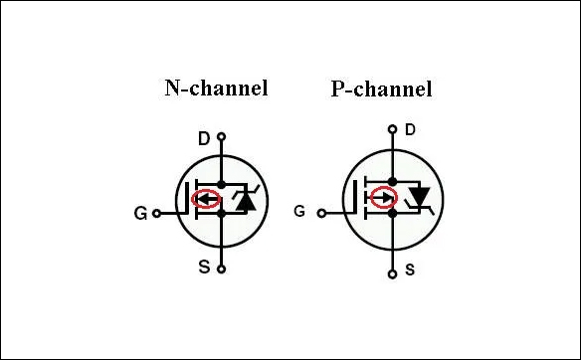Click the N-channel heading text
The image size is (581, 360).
(x=216, y=88)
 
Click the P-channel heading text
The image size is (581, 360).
(x=381, y=90)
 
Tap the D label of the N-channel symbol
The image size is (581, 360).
(x=203, y=138)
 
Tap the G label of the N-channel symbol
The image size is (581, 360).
(x=140, y=212)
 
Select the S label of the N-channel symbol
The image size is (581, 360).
(x=203, y=267)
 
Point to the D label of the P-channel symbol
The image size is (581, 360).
(x=409, y=129)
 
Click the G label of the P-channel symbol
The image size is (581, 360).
(x=299, y=211)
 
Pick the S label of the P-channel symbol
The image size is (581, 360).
(x=409, y=270)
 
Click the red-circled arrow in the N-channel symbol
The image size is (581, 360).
(x=206, y=199)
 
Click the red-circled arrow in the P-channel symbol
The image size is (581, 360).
(x=382, y=199)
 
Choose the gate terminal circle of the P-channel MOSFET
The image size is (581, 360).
(x=320, y=212)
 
